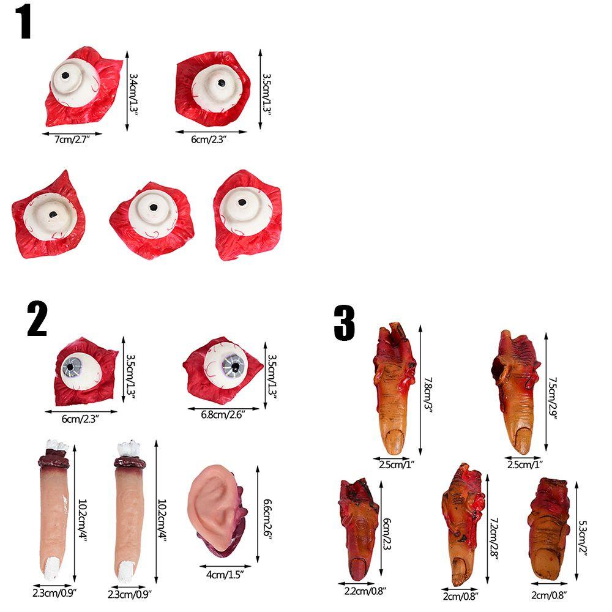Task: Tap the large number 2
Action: point(37,319)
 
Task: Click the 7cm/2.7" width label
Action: point(72,140)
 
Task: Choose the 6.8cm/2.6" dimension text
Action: point(223,415)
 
